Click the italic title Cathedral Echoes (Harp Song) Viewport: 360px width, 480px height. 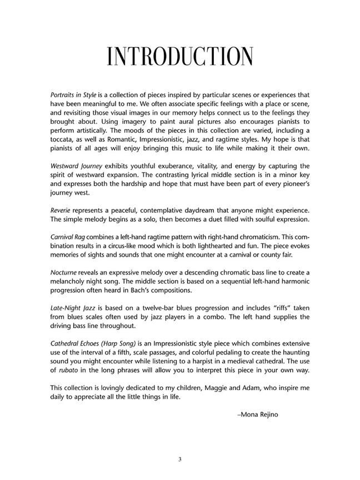click(98, 344)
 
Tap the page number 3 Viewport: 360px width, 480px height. click(180, 459)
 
